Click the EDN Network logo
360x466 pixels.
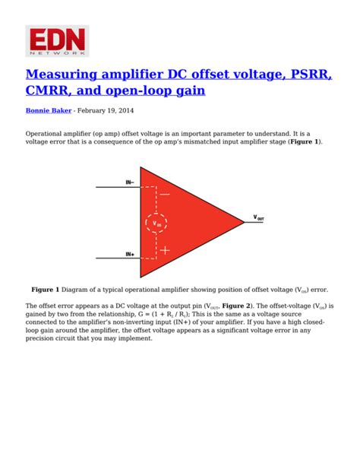[58, 40]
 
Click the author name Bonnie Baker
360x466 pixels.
[49, 110]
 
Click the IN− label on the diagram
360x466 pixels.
[130, 182]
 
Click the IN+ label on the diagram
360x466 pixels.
[130, 255]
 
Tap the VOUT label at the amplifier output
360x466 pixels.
[259, 218]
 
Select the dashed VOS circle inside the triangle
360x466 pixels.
[157, 223]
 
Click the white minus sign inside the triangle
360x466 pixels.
[165, 195]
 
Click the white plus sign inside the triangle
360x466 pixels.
[165, 250]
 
